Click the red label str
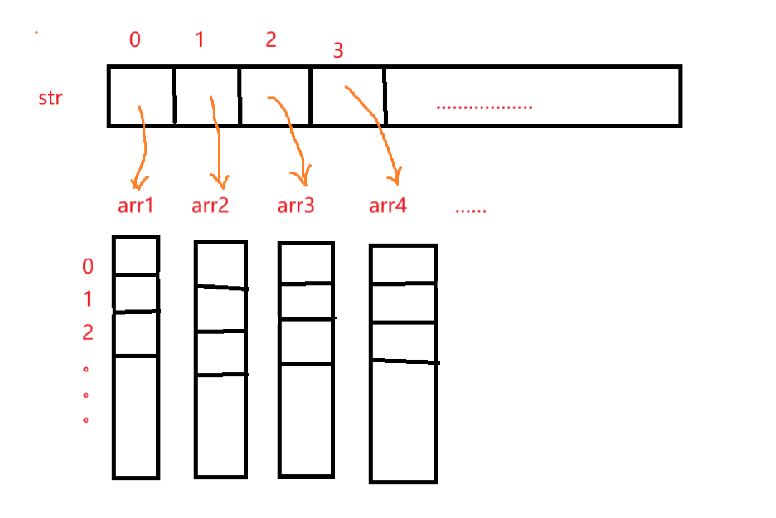click(50, 98)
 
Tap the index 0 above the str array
click(135, 39)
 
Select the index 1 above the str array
click(200, 39)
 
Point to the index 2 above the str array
click(271, 39)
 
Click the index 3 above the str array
click(338, 50)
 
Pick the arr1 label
click(135, 205)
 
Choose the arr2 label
click(210, 205)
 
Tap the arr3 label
click(296, 205)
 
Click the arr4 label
click(388, 205)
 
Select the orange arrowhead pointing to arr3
click(302, 177)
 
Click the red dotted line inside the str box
click(484, 107)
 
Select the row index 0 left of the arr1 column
click(88, 266)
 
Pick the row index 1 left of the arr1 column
click(88, 299)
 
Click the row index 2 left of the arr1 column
click(88, 332)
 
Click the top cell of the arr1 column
click(136, 256)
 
